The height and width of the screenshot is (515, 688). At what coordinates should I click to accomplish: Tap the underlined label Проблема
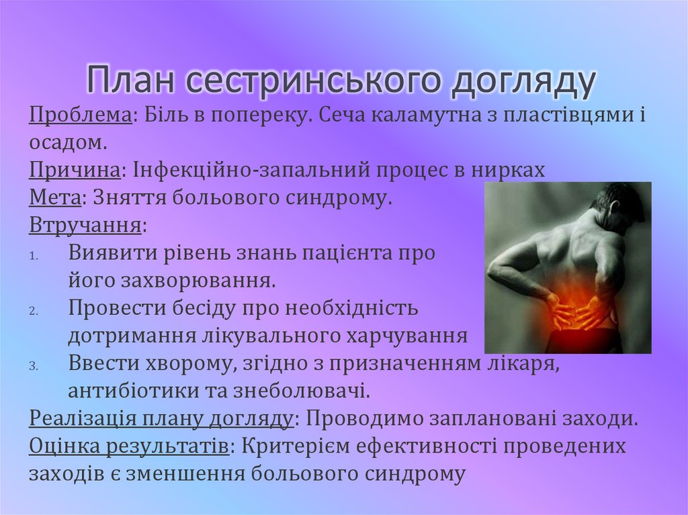tap(80, 115)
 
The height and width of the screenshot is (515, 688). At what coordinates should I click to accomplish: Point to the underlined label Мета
tap(56, 198)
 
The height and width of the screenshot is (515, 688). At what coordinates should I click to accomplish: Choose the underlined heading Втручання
tap(85, 226)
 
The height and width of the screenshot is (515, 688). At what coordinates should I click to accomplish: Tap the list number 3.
tap(34, 367)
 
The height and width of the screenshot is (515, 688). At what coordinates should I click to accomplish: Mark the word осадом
tap(67, 142)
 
